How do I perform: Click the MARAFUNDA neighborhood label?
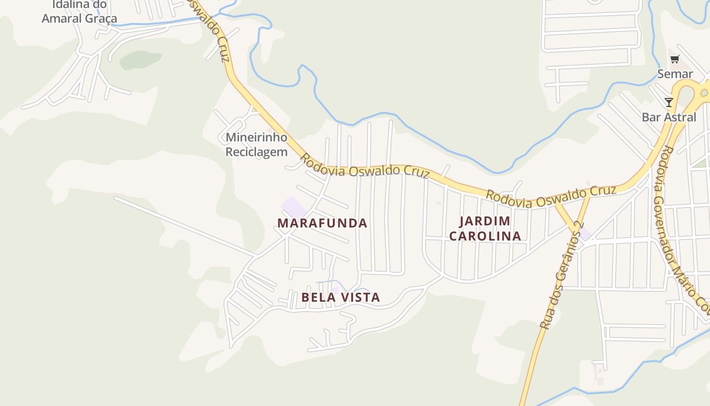coord(322,223)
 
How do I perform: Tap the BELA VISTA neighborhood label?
coord(340,297)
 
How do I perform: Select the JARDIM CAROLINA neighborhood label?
coord(485,228)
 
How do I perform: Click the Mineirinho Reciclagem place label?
coord(256,145)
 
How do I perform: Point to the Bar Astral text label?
coord(669,117)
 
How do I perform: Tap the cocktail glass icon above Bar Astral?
coord(669,103)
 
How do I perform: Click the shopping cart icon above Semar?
coord(674,59)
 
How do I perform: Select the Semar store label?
coord(674,74)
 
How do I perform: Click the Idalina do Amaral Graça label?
coord(79,12)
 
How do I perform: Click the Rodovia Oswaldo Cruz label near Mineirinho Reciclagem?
coord(364,167)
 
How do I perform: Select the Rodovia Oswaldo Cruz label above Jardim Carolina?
coord(551,196)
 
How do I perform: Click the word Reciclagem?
coord(256,152)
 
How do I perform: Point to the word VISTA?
coord(361,297)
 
